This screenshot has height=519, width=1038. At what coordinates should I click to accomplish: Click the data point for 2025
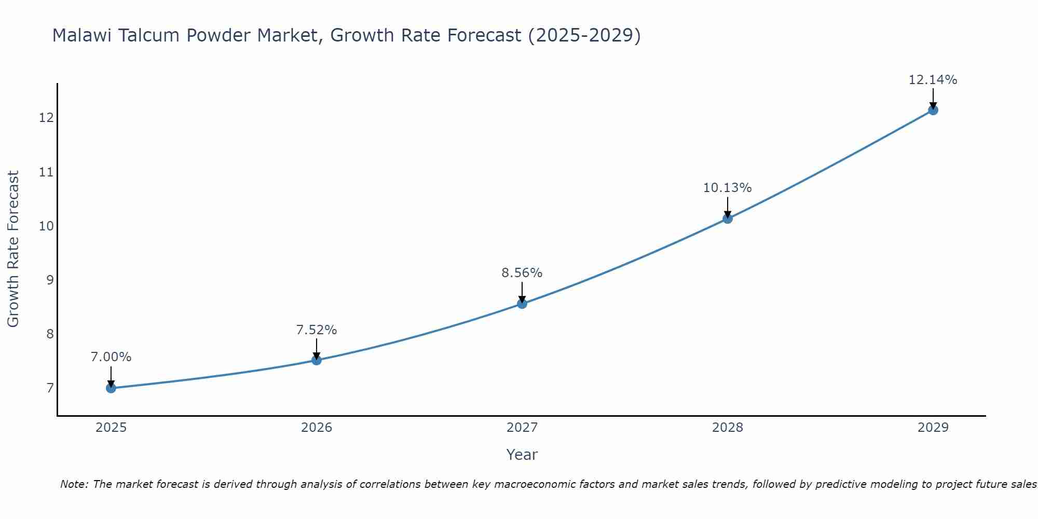(x=111, y=388)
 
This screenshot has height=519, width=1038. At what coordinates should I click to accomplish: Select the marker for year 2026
(x=317, y=360)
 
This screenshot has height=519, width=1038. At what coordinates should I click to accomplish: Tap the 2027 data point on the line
(x=522, y=304)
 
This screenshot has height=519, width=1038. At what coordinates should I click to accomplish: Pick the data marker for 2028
(x=728, y=218)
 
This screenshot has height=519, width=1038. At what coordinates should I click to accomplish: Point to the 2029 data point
(x=933, y=110)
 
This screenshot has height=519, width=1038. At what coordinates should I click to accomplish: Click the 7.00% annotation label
(x=111, y=357)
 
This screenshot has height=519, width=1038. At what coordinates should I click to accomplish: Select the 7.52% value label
(x=317, y=330)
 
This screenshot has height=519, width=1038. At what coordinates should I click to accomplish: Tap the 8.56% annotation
(x=522, y=272)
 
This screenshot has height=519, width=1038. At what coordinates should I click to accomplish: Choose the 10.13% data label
(x=727, y=187)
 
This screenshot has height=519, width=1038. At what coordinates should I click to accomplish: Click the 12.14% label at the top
(x=933, y=79)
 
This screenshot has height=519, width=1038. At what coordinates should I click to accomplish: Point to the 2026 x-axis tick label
(x=317, y=428)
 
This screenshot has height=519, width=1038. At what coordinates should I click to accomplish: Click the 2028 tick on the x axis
(x=728, y=428)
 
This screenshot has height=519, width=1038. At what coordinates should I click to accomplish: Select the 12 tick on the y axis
(x=46, y=118)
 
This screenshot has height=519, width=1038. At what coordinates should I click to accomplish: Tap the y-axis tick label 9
(x=50, y=280)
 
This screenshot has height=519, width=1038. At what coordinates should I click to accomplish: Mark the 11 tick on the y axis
(x=46, y=172)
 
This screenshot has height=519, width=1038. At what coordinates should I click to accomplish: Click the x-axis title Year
(x=522, y=455)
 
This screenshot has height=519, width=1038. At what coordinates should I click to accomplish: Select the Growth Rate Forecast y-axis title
(x=13, y=249)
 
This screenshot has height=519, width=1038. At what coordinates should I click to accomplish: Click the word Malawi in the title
(x=83, y=35)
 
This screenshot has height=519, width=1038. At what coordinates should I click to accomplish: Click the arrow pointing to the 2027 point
(x=522, y=293)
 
